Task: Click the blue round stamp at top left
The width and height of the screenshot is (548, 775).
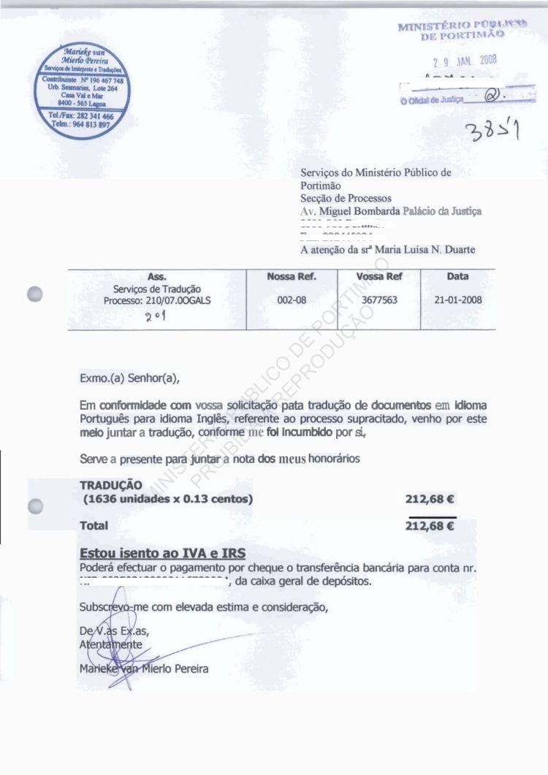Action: pos(83,91)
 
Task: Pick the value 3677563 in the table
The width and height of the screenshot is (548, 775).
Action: pos(378,300)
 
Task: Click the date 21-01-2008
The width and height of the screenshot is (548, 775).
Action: pos(457,300)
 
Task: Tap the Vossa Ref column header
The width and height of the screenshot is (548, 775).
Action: pos(378,277)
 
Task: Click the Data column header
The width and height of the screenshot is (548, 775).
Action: pos(457,277)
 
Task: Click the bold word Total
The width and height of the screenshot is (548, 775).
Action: pos(94,525)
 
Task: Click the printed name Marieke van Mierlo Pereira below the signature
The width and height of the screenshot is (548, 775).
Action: pos(144,670)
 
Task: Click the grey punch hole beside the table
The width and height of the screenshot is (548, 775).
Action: pos(34,294)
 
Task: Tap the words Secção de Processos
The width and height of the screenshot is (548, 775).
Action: pos(346,198)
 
